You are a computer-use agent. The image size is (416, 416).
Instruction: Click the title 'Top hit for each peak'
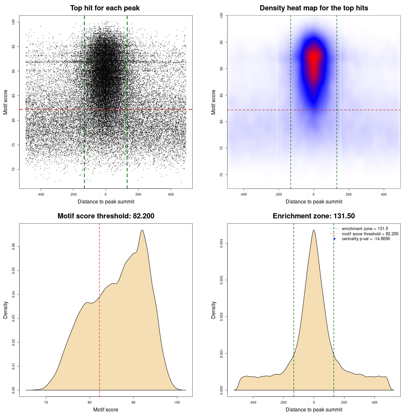tap(105, 8)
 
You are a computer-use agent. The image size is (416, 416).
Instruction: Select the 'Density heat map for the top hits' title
tap(314, 8)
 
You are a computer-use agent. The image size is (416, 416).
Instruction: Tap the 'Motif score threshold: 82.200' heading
tap(106, 216)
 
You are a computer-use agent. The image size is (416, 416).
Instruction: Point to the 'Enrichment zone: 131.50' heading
tap(314, 216)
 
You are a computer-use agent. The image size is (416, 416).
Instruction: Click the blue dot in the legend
tap(334, 239)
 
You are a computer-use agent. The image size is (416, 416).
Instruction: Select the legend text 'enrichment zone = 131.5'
tap(365, 229)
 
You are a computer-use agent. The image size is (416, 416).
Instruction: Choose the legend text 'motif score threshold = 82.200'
tap(370, 234)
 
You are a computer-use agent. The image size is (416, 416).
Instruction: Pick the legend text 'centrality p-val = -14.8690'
tap(366, 239)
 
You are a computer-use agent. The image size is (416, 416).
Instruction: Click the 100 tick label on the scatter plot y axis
tap(14, 22)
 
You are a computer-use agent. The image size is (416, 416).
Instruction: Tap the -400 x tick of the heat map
tap(243, 195)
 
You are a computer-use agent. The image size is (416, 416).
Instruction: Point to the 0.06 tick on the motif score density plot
tap(14, 247)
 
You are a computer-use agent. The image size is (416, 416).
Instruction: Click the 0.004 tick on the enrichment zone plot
tap(222, 243)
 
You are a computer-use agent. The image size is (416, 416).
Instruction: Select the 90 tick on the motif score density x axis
tap(133, 403)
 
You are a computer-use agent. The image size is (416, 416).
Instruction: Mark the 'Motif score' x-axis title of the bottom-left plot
tap(106, 409)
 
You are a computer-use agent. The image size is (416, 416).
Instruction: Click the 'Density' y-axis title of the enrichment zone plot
tap(214, 310)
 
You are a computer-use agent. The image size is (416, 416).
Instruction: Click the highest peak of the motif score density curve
tap(142, 230)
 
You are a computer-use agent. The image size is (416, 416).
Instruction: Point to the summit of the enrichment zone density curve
tap(314, 230)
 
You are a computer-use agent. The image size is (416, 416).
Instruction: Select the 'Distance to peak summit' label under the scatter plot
tap(106, 201)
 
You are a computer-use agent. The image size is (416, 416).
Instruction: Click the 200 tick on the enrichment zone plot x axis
tap(344, 403)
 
